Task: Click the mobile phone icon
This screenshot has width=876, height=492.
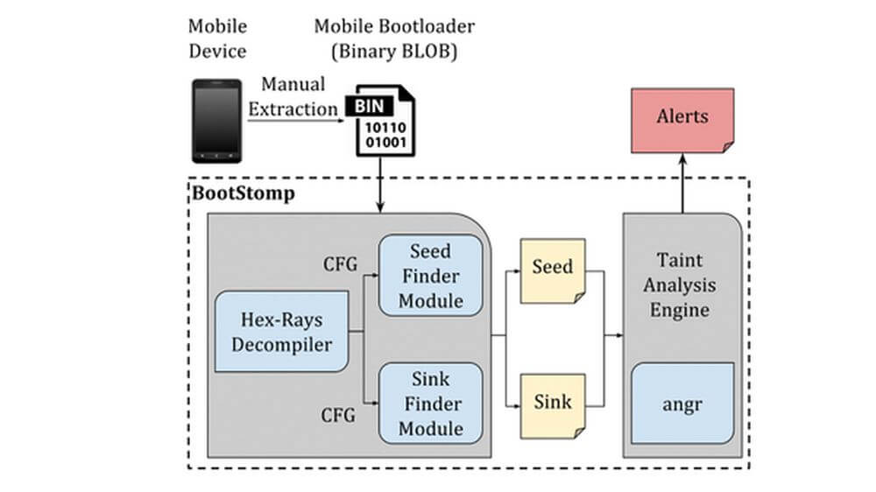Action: pyautogui.click(x=217, y=121)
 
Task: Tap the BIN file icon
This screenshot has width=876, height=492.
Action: pyautogui.click(x=382, y=120)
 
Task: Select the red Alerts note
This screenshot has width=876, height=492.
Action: pyautogui.click(x=682, y=117)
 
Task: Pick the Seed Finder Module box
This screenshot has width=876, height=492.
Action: pyautogui.click(x=431, y=275)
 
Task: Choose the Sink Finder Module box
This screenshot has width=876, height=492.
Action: pyautogui.click(x=431, y=404)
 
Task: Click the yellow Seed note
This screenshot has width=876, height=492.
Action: pyautogui.click(x=553, y=270)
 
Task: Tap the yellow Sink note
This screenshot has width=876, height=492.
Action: pyautogui.click(x=553, y=403)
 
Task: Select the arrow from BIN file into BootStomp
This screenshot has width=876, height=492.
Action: pyautogui.click(x=382, y=184)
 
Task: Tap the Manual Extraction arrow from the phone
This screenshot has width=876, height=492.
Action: pyautogui.click(x=293, y=121)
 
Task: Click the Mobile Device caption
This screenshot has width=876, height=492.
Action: pyautogui.click(x=218, y=39)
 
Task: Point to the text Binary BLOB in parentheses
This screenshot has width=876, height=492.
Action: pyautogui.click(x=395, y=51)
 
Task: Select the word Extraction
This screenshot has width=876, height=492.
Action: pyautogui.click(x=293, y=109)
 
